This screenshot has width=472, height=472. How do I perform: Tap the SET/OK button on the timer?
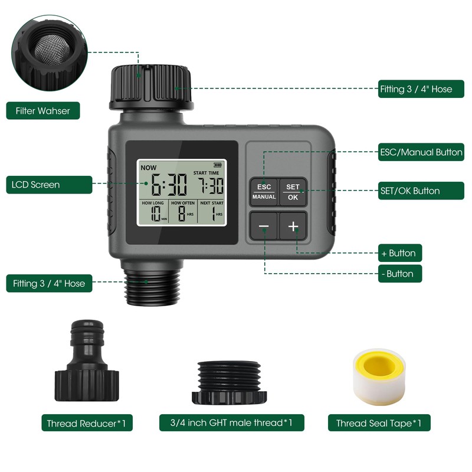(293, 192)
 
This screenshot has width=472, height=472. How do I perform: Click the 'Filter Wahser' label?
(42, 111)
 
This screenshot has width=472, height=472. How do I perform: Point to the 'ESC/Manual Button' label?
(420, 152)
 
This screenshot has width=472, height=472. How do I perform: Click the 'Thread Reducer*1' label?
(87, 423)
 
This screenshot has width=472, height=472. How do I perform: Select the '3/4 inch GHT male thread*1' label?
(232, 422)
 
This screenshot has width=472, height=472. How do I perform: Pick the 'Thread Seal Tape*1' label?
(379, 423)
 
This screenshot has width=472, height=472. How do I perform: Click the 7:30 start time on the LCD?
(210, 186)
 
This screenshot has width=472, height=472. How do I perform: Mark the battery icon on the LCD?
(219, 166)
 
